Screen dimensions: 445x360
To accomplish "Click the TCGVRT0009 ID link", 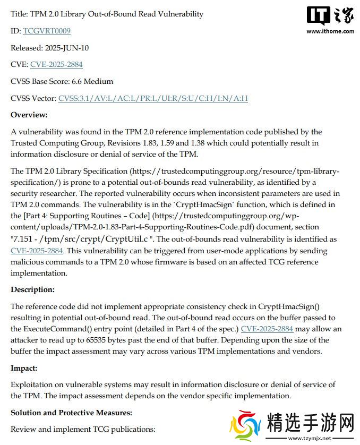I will click(x=47, y=31).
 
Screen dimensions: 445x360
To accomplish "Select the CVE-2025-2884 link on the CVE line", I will click(x=56, y=64).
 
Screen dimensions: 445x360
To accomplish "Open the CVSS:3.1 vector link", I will click(x=153, y=98).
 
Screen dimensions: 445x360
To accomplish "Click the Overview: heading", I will click(x=29, y=115).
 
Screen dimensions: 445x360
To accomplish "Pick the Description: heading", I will click(x=32, y=289).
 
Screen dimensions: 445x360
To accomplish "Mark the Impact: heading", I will click(x=24, y=367).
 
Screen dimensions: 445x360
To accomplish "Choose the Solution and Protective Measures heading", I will click(x=71, y=412).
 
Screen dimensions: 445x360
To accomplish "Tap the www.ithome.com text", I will click(x=330, y=31).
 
